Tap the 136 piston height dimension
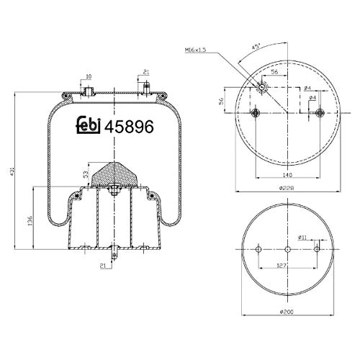(30, 220)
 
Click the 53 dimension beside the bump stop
(86, 174)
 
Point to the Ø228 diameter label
(287, 190)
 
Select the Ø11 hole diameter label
(303, 235)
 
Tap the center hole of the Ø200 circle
(287, 250)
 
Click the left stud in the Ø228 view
(253, 113)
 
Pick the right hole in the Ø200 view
(317, 249)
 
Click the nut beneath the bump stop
(114, 192)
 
